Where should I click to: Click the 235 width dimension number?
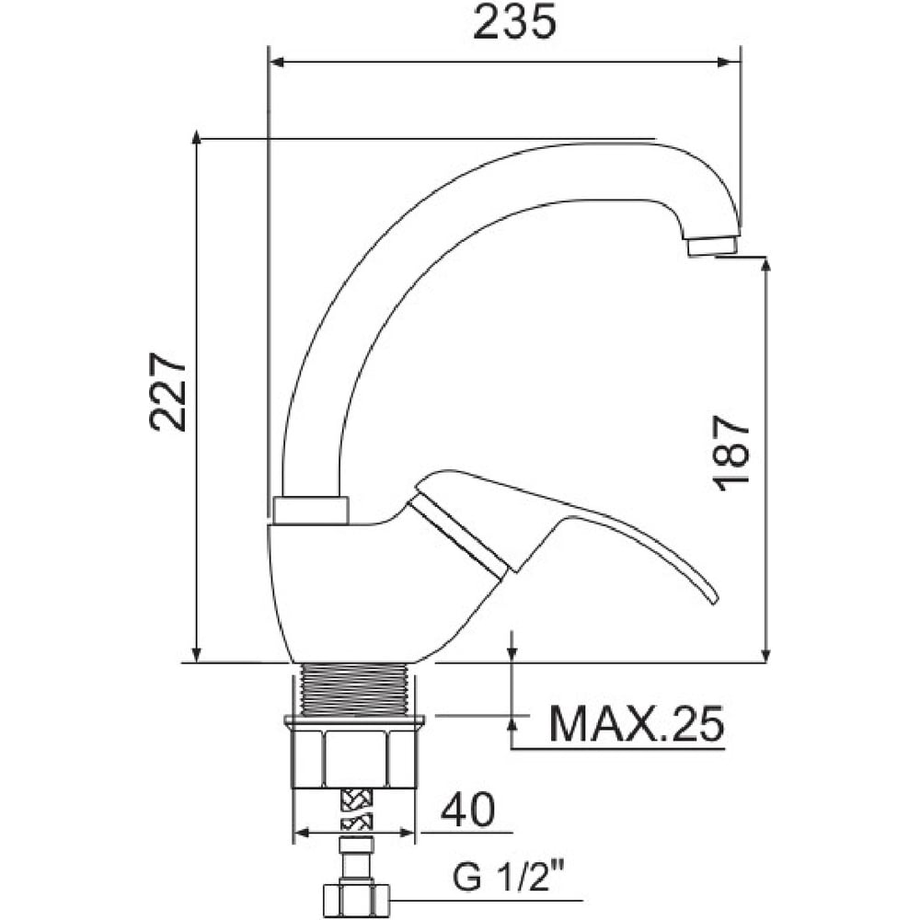514,23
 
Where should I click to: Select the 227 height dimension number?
168,392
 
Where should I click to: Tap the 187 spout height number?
731,451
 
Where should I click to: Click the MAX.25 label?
636,724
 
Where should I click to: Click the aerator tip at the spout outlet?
712,246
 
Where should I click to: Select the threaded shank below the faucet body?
353,689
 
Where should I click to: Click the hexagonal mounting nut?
354,757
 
